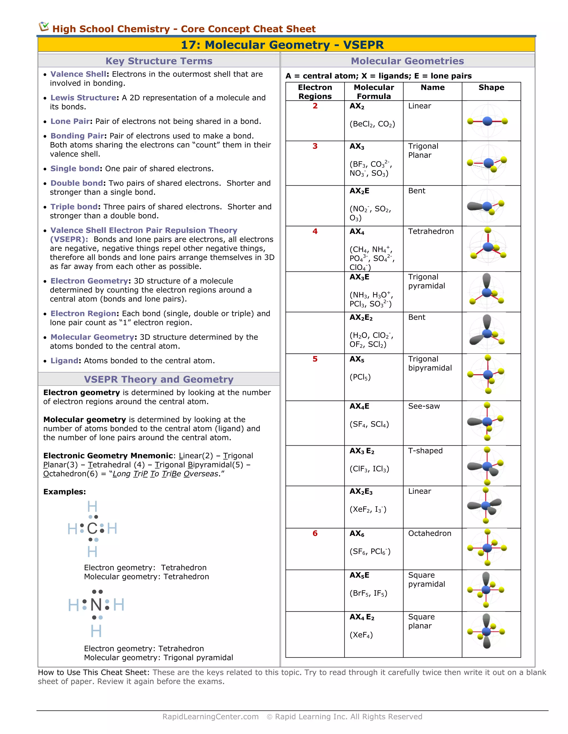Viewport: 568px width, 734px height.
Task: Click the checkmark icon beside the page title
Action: click(x=44, y=27)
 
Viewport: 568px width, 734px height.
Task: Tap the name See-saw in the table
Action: click(x=424, y=406)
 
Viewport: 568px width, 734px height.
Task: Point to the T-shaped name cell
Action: click(x=425, y=451)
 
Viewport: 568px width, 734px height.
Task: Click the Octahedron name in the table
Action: click(x=429, y=533)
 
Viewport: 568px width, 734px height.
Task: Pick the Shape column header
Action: click(x=491, y=87)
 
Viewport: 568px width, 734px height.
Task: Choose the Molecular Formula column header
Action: click(x=374, y=92)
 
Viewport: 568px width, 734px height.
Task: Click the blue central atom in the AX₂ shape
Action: click(x=487, y=121)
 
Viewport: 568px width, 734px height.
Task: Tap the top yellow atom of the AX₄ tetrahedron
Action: click(x=488, y=230)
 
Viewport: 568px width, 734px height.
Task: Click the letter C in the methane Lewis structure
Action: click(x=92, y=529)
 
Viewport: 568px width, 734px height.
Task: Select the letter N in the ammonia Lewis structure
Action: click(x=96, y=605)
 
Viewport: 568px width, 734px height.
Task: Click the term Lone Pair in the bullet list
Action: click(x=70, y=121)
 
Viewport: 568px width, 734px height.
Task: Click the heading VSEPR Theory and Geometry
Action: click(x=158, y=379)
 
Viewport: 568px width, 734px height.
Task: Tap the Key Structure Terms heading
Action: click(x=159, y=61)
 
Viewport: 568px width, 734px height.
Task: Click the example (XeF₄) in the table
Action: click(x=361, y=635)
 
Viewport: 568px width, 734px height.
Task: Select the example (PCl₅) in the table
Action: click(x=360, y=377)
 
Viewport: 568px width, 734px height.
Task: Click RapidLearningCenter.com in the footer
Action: click(x=210, y=717)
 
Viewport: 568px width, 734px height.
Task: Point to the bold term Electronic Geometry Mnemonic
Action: click(x=108, y=456)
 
